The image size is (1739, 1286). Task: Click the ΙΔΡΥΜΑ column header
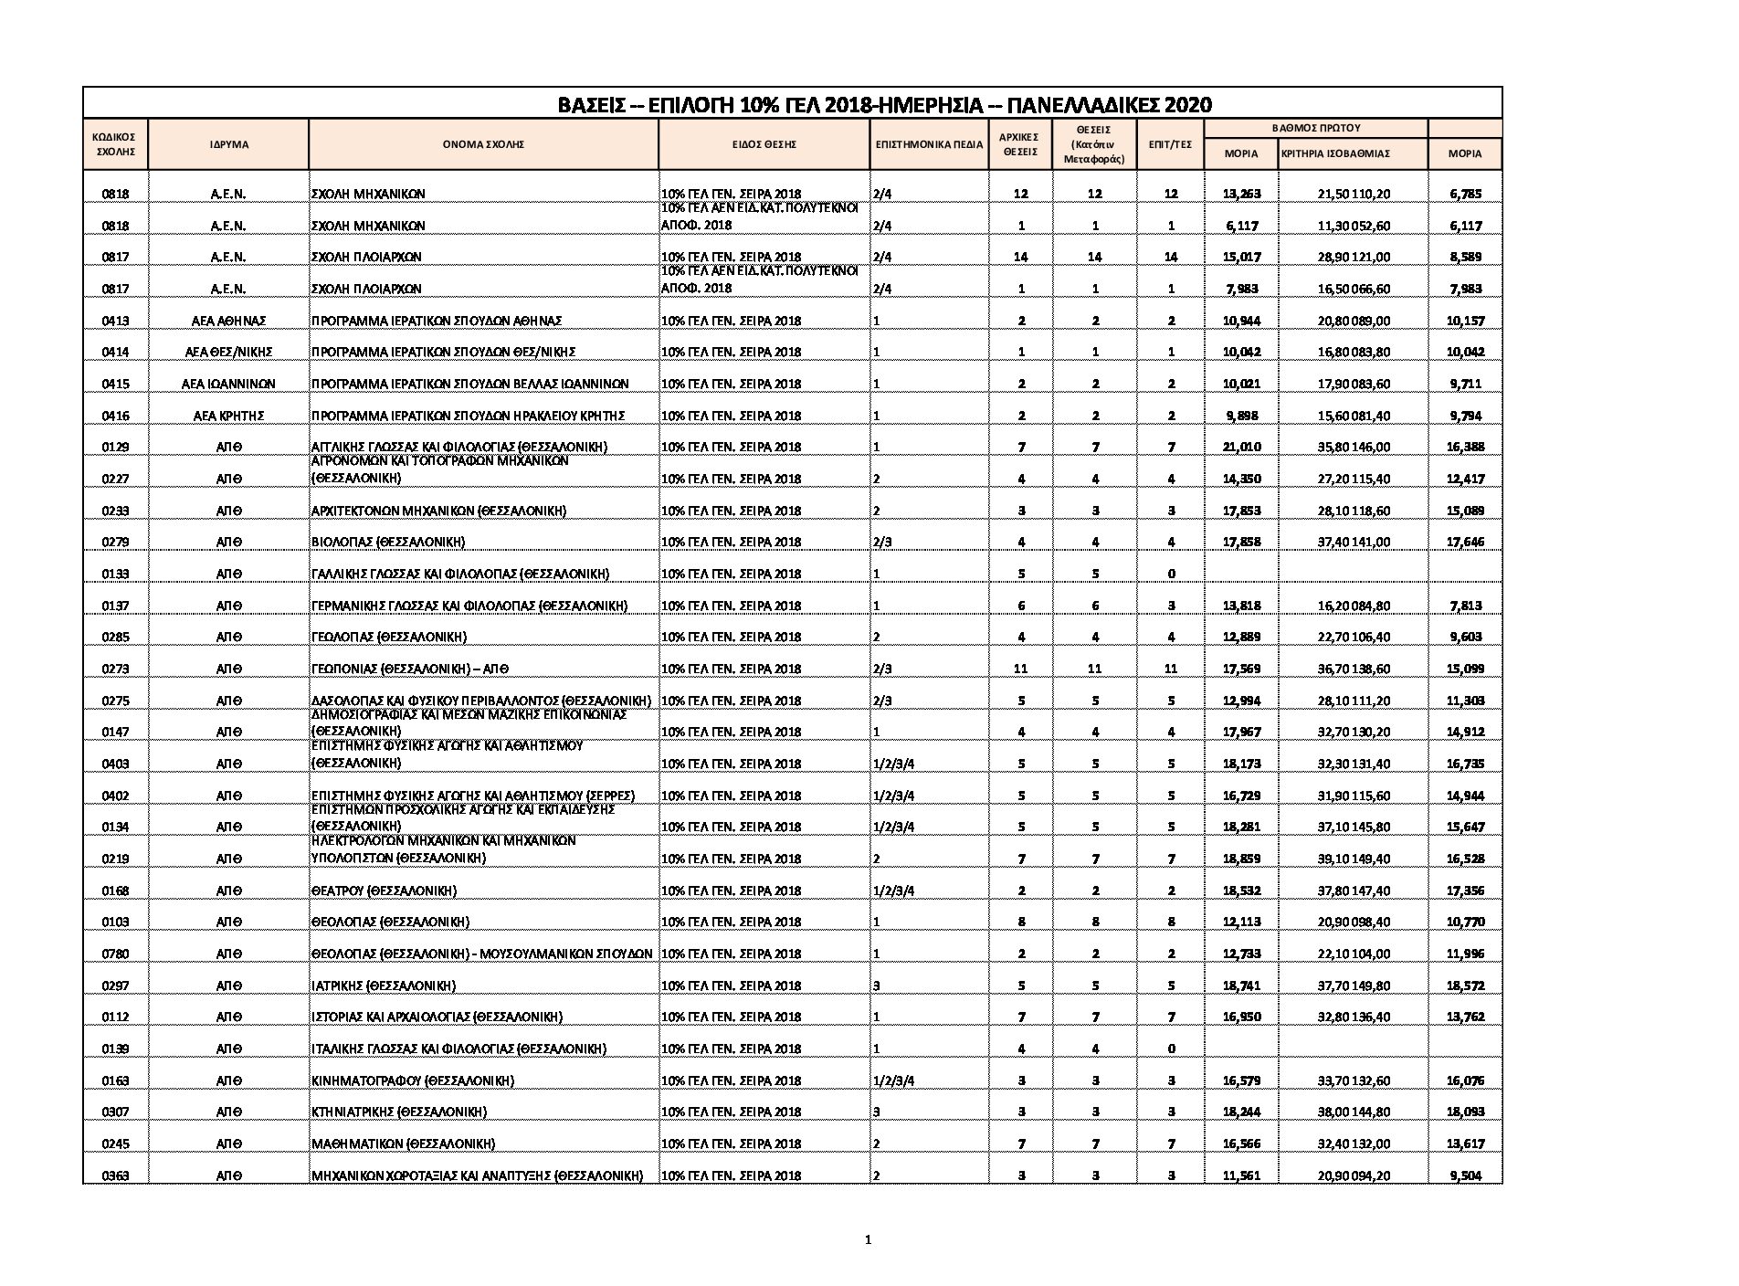[228, 144]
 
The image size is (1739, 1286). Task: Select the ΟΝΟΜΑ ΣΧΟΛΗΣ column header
[483, 144]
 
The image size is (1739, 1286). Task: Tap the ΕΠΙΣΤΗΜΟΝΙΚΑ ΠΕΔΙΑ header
[929, 144]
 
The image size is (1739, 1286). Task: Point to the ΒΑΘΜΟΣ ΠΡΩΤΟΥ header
[1316, 128]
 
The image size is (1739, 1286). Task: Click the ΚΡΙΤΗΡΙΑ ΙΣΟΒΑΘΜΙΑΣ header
[1335, 153]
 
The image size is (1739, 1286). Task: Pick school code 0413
[115, 321]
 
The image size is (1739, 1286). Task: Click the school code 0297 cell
[115, 986]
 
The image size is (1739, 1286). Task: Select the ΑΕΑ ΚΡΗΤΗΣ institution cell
[228, 416]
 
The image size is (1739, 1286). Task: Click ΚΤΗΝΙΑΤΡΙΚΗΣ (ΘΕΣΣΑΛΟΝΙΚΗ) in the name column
[399, 1112]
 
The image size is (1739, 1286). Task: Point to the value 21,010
[1241, 447]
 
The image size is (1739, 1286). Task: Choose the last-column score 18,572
[1465, 986]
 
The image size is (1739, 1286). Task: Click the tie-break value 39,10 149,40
[1354, 859]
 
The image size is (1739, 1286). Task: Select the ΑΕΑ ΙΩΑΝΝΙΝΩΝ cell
[228, 384]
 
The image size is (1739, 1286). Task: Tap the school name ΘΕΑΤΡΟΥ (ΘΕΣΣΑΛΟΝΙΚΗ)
[385, 891]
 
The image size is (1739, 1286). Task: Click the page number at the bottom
[868, 1239]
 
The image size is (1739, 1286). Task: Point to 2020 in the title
[1186, 105]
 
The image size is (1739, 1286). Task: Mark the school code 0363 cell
[115, 1175]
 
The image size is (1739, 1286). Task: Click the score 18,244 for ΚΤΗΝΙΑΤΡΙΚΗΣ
[1241, 1112]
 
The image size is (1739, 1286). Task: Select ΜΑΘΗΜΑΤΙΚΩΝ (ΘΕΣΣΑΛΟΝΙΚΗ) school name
[403, 1144]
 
